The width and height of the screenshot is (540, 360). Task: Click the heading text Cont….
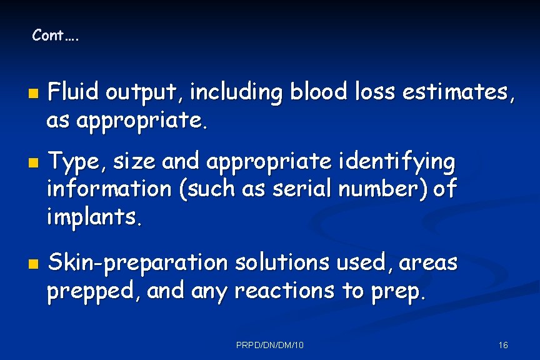point(56,36)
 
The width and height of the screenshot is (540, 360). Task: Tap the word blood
point(318,92)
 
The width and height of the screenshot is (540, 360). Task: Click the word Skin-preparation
point(138,263)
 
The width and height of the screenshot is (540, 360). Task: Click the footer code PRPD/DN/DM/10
point(271,344)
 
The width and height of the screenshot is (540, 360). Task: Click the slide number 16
point(503,344)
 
